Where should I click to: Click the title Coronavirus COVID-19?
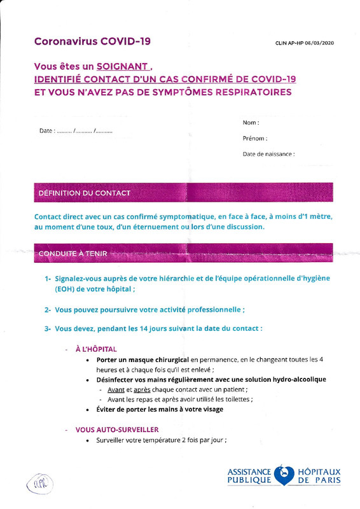click(92, 42)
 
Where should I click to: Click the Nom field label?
click(251, 122)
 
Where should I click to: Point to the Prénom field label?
click(254, 138)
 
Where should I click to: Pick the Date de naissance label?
click(268, 154)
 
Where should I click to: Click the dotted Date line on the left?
click(76, 131)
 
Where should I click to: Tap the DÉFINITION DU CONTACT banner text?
click(85, 193)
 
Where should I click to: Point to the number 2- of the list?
click(48, 309)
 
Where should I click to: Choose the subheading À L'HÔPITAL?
click(96, 349)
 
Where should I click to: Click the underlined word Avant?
click(116, 389)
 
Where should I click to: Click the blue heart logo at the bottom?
click(285, 475)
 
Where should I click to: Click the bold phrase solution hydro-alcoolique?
click(287, 379)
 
